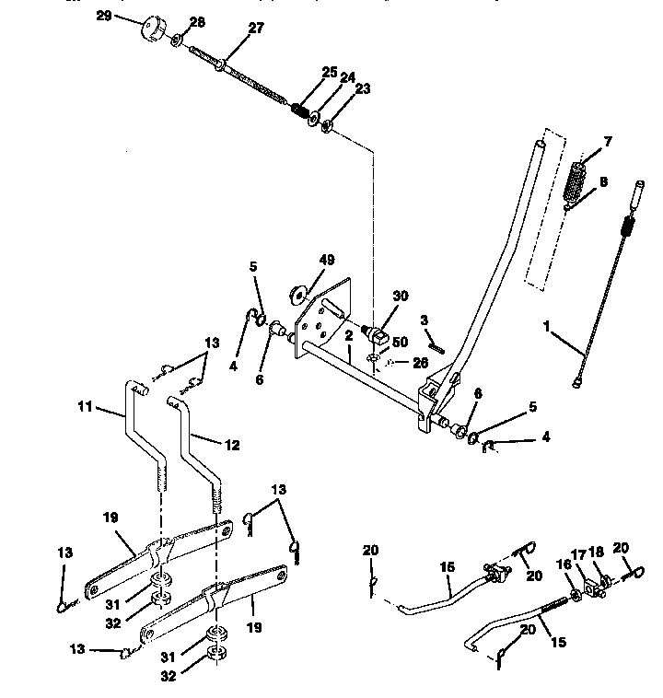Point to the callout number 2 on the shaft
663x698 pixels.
pos(350,338)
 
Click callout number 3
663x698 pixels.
pos(425,320)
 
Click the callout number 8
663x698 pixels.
pos(604,183)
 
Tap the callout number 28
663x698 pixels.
pos(198,21)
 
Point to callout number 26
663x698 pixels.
pos(420,363)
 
